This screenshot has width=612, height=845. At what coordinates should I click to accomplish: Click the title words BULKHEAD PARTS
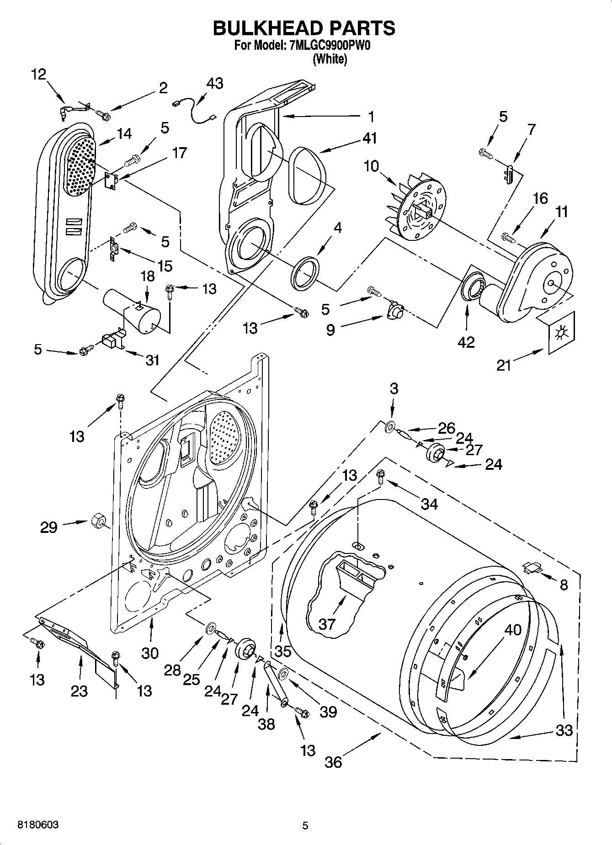click(x=304, y=28)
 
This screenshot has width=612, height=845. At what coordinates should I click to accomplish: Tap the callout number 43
click(x=215, y=83)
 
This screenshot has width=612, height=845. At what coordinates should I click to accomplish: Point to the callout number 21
click(x=504, y=366)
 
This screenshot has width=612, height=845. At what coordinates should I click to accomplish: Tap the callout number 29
click(x=48, y=527)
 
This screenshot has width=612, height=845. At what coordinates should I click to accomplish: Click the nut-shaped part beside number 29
click(x=97, y=521)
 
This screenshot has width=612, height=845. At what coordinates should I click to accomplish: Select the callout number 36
click(x=333, y=762)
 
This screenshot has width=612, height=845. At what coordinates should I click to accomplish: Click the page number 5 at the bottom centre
click(x=305, y=825)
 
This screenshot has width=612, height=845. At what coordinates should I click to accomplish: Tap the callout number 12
click(x=39, y=74)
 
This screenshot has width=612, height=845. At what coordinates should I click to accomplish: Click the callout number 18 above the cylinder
click(x=147, y=277)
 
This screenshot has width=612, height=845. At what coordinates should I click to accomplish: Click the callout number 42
click(x=466, y=342)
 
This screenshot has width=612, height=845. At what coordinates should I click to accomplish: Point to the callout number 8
click(x=564, y=585)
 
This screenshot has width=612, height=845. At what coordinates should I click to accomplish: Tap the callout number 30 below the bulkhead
click(x=149, y=653)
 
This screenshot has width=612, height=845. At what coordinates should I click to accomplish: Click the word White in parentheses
click(x=330, y=59)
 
